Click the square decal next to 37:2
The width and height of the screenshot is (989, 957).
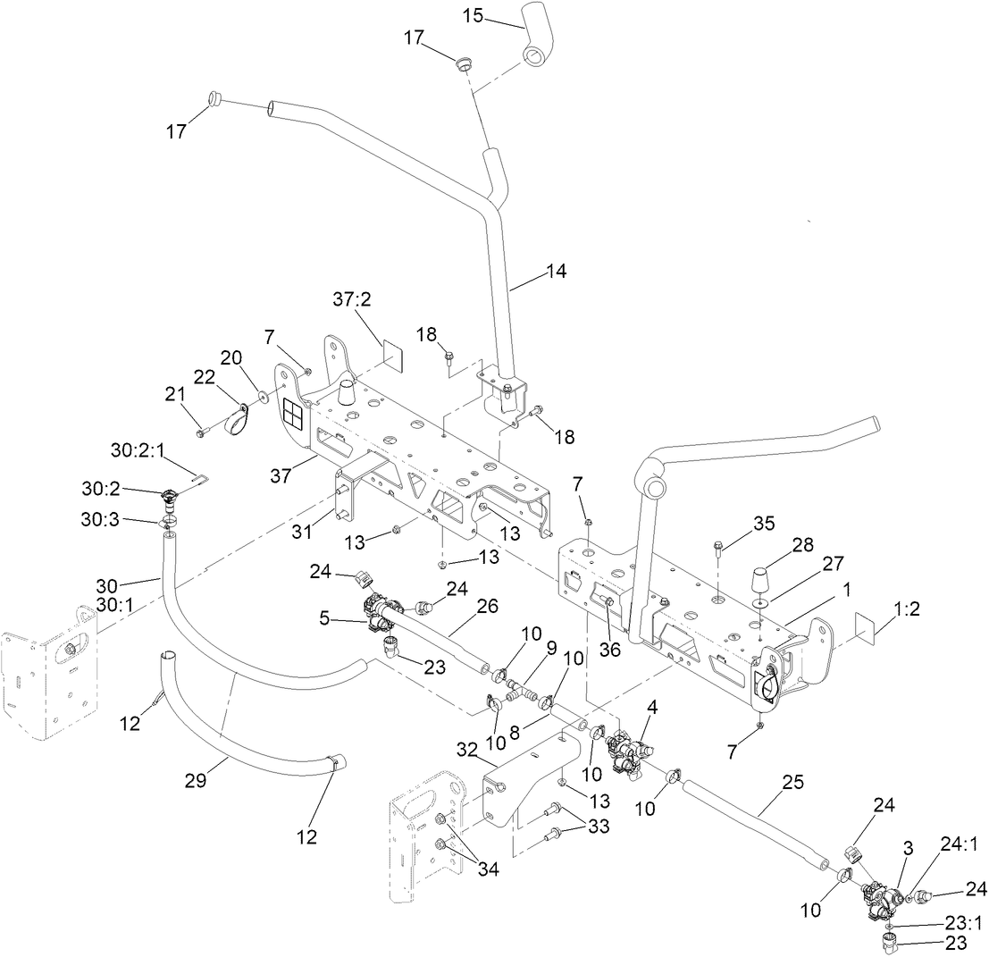(392, 355)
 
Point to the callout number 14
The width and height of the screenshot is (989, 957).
(557, 269)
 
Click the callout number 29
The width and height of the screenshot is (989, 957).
(195, 779)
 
